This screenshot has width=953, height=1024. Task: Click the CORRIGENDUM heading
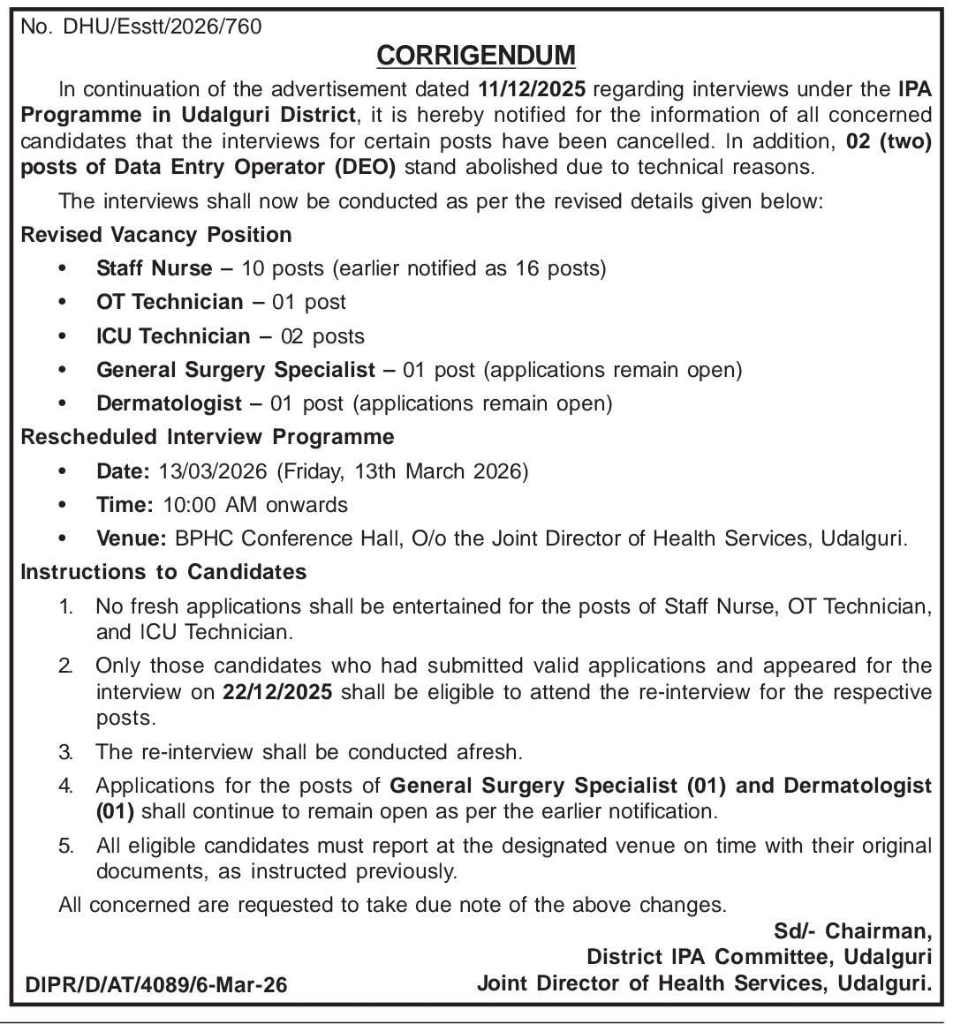tap(476, 56)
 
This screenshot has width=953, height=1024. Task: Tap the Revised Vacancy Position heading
tap(156, 235)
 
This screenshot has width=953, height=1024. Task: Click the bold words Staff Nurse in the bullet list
tap(155, 268)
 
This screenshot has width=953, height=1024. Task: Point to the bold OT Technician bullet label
tap(170, 302)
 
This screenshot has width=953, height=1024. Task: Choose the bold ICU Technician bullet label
tap(173, 336)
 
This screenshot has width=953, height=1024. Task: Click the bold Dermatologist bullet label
tap(169, 403)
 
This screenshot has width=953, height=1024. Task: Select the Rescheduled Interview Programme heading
tap(208, 437)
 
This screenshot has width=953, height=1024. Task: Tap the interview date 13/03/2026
tap(213, 471)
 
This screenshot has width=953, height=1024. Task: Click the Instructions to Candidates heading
tap(163, 572)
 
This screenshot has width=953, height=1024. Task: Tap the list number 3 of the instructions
tap(65, 753)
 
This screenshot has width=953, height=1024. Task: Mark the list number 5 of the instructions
tap(65, 847)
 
